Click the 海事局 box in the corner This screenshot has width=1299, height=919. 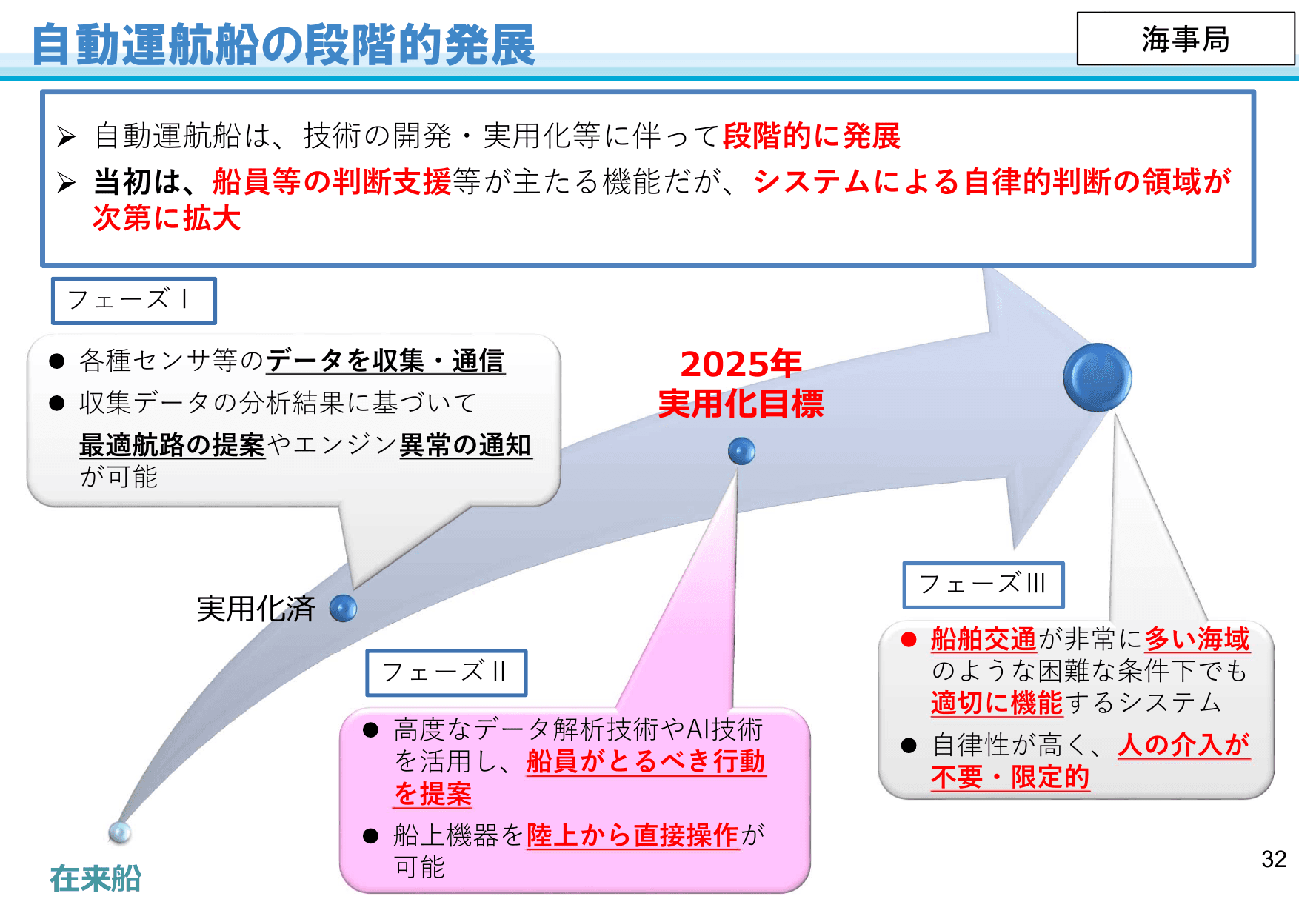pos(1185,39)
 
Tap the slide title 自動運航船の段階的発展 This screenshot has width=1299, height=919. pos(283,45)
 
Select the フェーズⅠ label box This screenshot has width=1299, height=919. pos(133,301)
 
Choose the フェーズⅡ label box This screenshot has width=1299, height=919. pos(446,672)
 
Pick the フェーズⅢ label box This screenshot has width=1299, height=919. pos(983,584)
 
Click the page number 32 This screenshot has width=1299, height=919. pos(1274,859)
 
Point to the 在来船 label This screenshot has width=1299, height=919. pos(96,879)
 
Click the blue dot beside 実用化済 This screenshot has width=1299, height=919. pos(343,609)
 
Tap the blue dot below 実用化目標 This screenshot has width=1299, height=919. pos(741,450)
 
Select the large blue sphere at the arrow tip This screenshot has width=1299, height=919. pos(1097,377)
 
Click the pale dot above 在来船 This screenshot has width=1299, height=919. pos(120,832)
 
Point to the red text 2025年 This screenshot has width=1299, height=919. pos(741,364)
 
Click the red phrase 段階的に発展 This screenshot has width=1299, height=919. pos(811,136)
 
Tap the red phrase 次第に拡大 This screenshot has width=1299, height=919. pos(167,218)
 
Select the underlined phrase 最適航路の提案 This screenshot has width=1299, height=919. pos(172,445)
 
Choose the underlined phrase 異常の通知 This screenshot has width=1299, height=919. pos(465,445)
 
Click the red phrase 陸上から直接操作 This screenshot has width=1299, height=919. pos(632,835)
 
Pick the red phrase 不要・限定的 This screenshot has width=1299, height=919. pos(1010,777)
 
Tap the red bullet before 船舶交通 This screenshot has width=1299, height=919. pos(909,639)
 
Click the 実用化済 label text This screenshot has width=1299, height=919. pos(256,609)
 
